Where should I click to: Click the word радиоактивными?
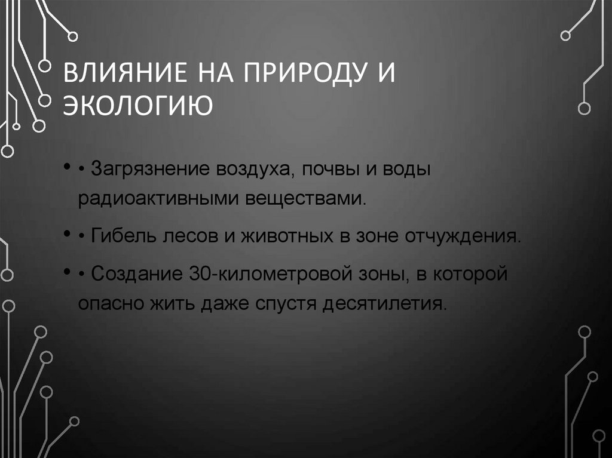(x=157, y=197)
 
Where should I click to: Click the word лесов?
(x=183, y=236)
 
